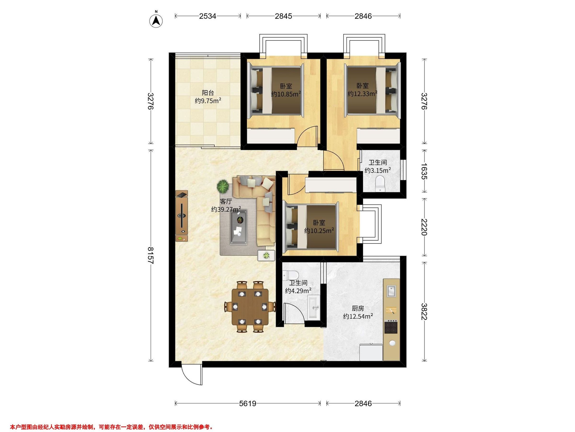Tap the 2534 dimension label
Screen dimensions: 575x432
click(x=208, y=16)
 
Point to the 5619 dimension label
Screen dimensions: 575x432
click(x=248, y=404)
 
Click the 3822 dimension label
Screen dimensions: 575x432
click(x=424, y=312)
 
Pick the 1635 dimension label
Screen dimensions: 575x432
click(x=424, y=171)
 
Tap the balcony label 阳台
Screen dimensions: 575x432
click(x=208, y=93)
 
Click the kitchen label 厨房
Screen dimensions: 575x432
click(x=358, y=309)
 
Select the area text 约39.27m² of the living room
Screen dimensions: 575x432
click(x=226, y=209)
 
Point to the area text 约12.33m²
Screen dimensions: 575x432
click(x=362, y=94)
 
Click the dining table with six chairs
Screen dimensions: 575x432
click(x=250, y=307)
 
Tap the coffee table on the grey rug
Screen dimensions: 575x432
click(x=239, y=227)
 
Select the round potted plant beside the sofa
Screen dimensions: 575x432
click(x=223, y=186)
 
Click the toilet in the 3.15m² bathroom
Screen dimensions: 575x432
click(x=380, y=183)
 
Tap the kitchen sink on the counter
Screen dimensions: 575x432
click(x=391, y=291)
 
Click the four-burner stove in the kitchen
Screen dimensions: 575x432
click(x=391, y=328)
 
